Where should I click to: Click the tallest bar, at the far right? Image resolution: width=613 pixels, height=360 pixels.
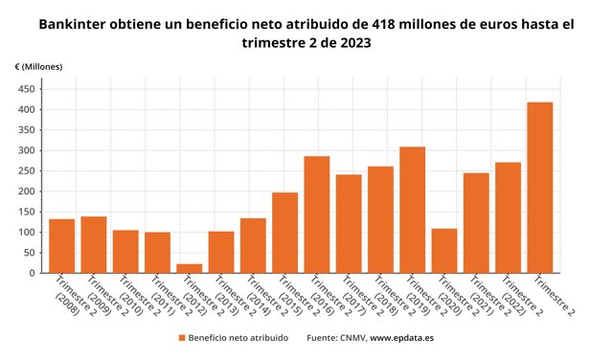(x=540, y=188)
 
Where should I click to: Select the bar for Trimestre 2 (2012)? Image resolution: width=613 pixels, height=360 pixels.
(x=190, y=268)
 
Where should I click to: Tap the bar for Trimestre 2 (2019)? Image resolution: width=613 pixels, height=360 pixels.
(x=413, y=210)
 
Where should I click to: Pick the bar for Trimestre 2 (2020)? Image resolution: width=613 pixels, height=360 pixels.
(x=444, y=251)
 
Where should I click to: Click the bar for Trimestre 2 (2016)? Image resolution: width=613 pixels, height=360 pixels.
(x=317, y=214)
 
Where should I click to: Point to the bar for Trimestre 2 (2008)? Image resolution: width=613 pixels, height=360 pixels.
(x=61, y=246)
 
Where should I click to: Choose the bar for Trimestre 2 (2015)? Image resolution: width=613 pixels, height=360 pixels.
(x=285, y=233)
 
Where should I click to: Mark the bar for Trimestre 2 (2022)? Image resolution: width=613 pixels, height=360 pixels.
(x=509, y=217)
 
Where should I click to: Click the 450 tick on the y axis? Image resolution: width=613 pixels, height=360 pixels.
(x=27, y=89)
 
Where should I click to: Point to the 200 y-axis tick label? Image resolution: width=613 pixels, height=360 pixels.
(x=27, y=191)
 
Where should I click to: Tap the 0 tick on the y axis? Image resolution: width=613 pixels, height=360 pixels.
(x=33, y=273)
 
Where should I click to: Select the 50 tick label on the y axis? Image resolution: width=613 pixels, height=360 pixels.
(x=30, y=253)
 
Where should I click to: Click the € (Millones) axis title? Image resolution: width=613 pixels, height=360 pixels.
(x=38, y=67)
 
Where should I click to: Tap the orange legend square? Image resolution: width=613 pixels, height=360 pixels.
(x=182, y=338)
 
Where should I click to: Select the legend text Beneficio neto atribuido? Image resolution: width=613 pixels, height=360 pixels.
(x=238, y=338)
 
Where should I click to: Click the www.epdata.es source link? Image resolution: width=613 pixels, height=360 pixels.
(x=402, y=338)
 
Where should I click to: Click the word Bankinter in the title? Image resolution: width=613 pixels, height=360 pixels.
(x=73, y=25)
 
